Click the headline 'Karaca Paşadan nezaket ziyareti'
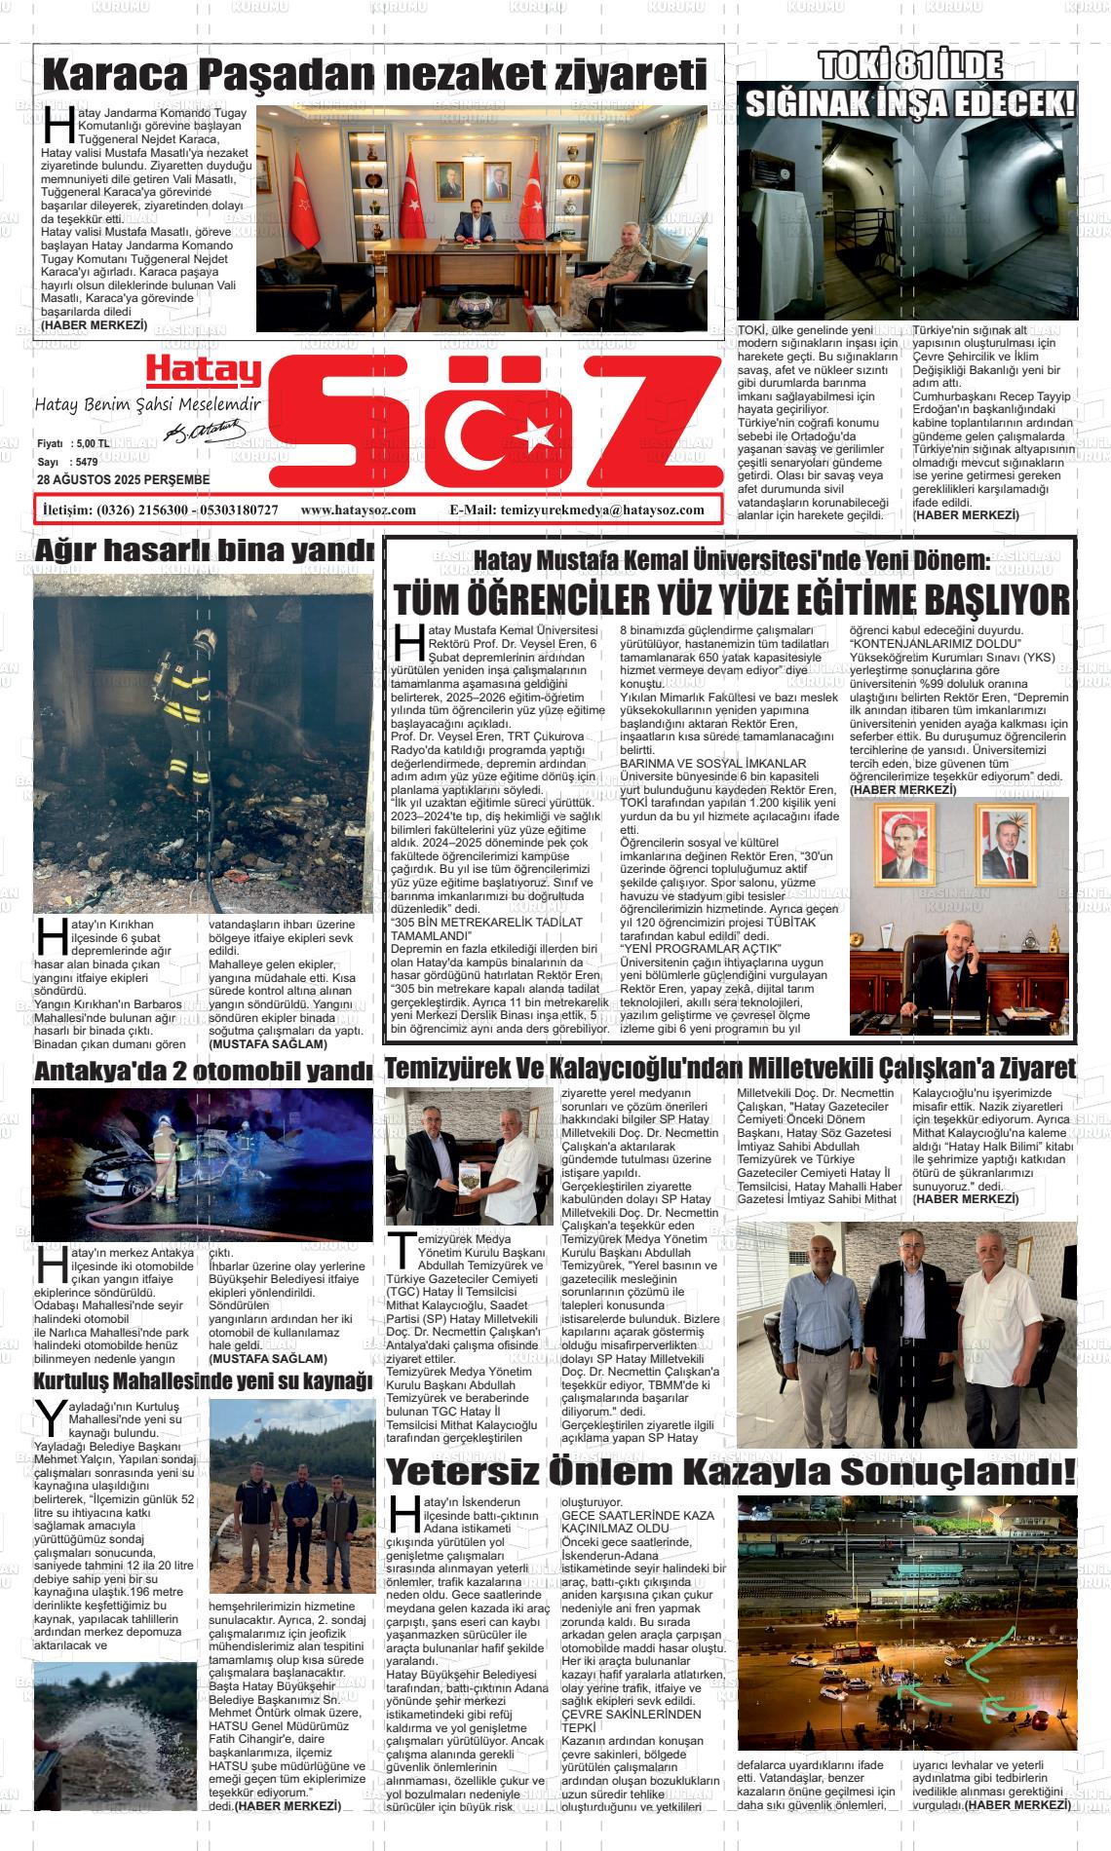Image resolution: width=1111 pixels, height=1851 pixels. [375, 74]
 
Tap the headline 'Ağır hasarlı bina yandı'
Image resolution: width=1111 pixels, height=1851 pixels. [204, 550]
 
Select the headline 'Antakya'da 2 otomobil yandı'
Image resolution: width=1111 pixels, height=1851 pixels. [204, 1071]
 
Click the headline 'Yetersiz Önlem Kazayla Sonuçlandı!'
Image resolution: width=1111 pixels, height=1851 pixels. [731, 1470]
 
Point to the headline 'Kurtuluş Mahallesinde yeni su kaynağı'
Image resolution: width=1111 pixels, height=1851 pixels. [204, 1381]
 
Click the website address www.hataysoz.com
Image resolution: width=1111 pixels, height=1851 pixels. [359, 510]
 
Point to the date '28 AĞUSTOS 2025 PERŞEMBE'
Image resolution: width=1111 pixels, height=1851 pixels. [123, 480]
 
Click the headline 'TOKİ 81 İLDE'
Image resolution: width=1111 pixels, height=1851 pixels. [909, 66]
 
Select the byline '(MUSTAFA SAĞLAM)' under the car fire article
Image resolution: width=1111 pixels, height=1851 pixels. [268, 1358]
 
